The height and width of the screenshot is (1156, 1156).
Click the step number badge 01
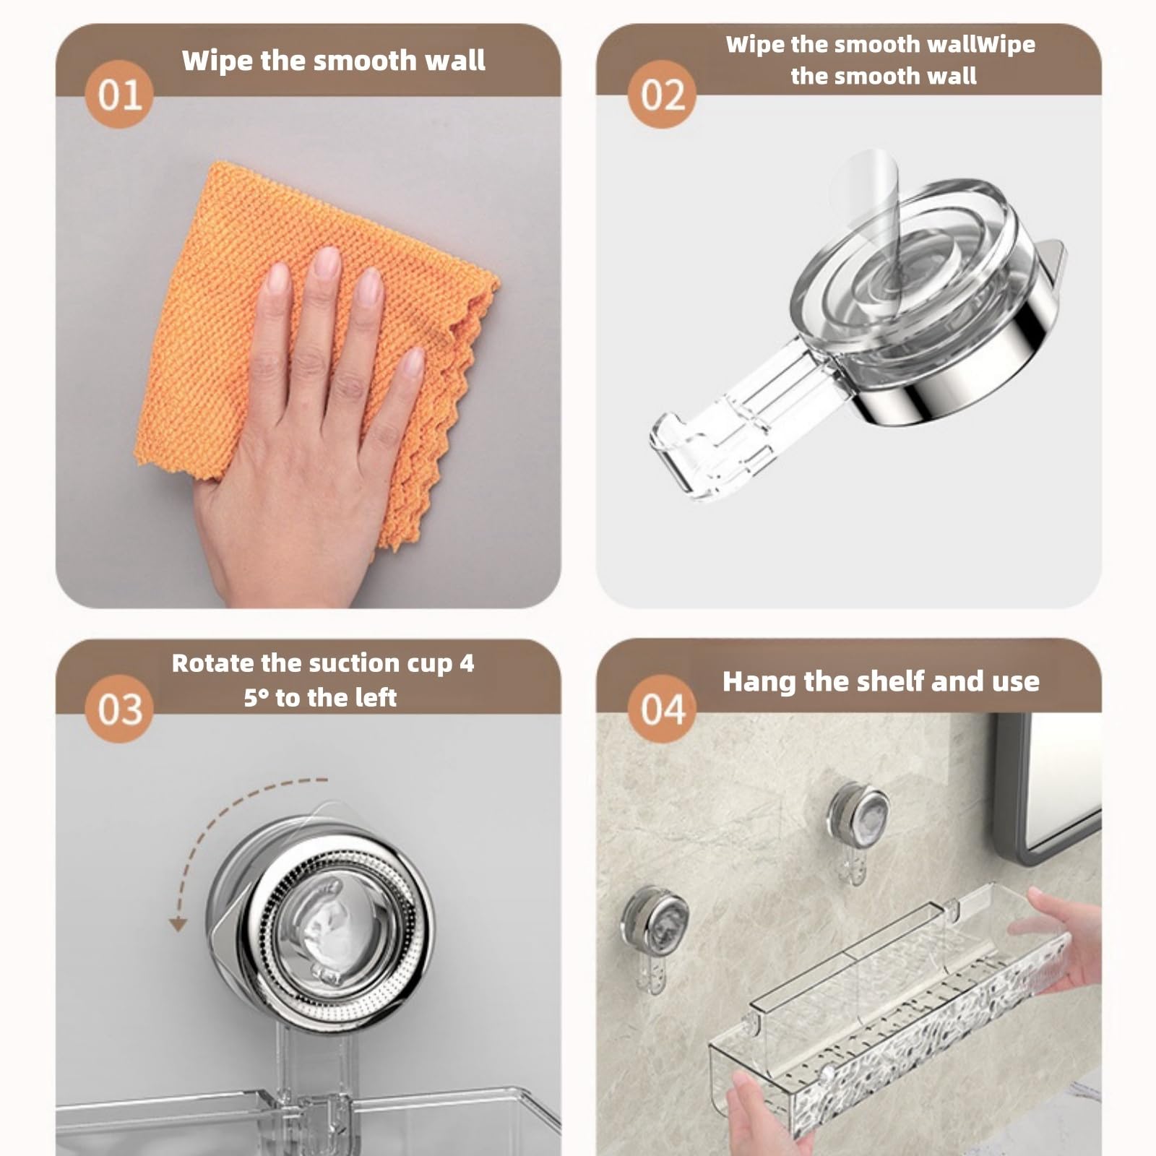point(119,95)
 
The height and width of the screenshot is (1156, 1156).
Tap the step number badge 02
point(661,95)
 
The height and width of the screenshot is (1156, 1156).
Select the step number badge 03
point(119,709)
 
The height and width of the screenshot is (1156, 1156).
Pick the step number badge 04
point(661,709)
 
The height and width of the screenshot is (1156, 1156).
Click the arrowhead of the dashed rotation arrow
point(178,924)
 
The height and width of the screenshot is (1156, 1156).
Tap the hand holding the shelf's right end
point(1058,939)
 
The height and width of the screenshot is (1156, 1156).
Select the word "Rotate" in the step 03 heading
point(212,663)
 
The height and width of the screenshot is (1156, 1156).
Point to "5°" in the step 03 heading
point(256,698)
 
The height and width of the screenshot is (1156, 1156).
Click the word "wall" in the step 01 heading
point(455,60)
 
